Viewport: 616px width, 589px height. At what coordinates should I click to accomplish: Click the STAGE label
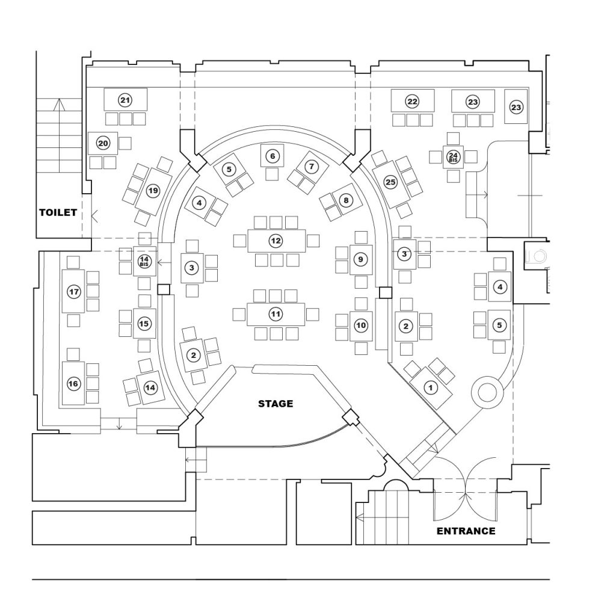[276, 403]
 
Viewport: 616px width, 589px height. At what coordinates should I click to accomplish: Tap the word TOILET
[58, 212]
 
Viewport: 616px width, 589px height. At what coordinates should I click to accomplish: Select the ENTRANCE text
[466, 531]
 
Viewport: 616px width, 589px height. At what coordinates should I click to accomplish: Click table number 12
[276, 241]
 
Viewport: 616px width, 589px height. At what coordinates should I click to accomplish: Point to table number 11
[276, 313]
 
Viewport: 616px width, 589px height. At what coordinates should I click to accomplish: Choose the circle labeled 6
[273, 156]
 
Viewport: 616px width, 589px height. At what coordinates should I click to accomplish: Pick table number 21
[125, 100]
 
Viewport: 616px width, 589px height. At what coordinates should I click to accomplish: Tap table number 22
[412, 101]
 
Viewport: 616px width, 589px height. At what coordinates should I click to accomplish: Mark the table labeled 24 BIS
[453, 157]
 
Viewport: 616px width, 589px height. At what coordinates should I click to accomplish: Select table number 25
[391, 182]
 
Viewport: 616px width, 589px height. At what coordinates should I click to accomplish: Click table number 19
[153, 191]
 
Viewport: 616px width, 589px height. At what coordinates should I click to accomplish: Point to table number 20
[103, 143]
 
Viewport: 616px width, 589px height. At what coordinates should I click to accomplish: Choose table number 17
[74, 292]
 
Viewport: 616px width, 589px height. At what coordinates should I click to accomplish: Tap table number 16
[73, 383]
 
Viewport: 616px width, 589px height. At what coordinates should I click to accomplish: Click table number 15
[144, 324]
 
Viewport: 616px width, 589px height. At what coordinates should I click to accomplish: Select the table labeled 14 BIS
[144, 261]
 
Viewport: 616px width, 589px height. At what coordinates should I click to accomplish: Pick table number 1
[430, 387]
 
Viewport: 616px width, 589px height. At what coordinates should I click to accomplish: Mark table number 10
[360, 325]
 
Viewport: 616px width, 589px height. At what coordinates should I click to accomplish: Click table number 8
[345, 201]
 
